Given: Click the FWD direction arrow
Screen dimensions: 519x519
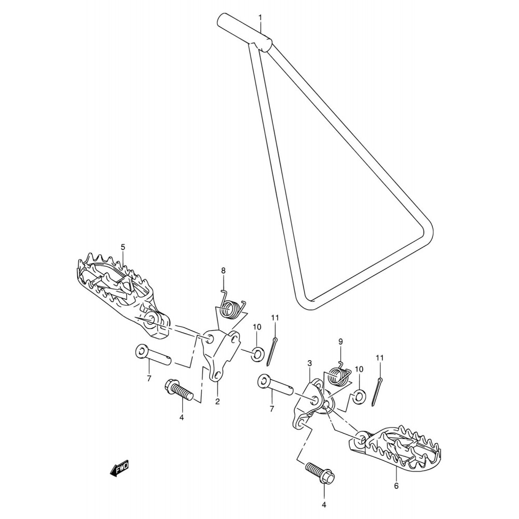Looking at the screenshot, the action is (x=119, y=468).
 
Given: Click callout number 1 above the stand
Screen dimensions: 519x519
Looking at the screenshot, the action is (x=260, y=17).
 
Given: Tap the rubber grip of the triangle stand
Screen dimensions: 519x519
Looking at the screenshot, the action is (x=244, y=32).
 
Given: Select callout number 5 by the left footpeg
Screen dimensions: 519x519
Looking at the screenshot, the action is (x=123, y=247).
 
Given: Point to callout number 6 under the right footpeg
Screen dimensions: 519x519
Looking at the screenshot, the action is (x=397, y=486).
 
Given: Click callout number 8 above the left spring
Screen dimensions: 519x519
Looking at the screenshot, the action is (x=223, y=271).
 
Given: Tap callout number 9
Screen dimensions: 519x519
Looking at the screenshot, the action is (x=340, y=342).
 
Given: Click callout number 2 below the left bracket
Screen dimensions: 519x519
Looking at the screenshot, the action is (x=217, y=402).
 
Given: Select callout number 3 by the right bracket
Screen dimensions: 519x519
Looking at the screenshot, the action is (x=309, y=363).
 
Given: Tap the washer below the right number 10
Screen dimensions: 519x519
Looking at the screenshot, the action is (x=359, y=396).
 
